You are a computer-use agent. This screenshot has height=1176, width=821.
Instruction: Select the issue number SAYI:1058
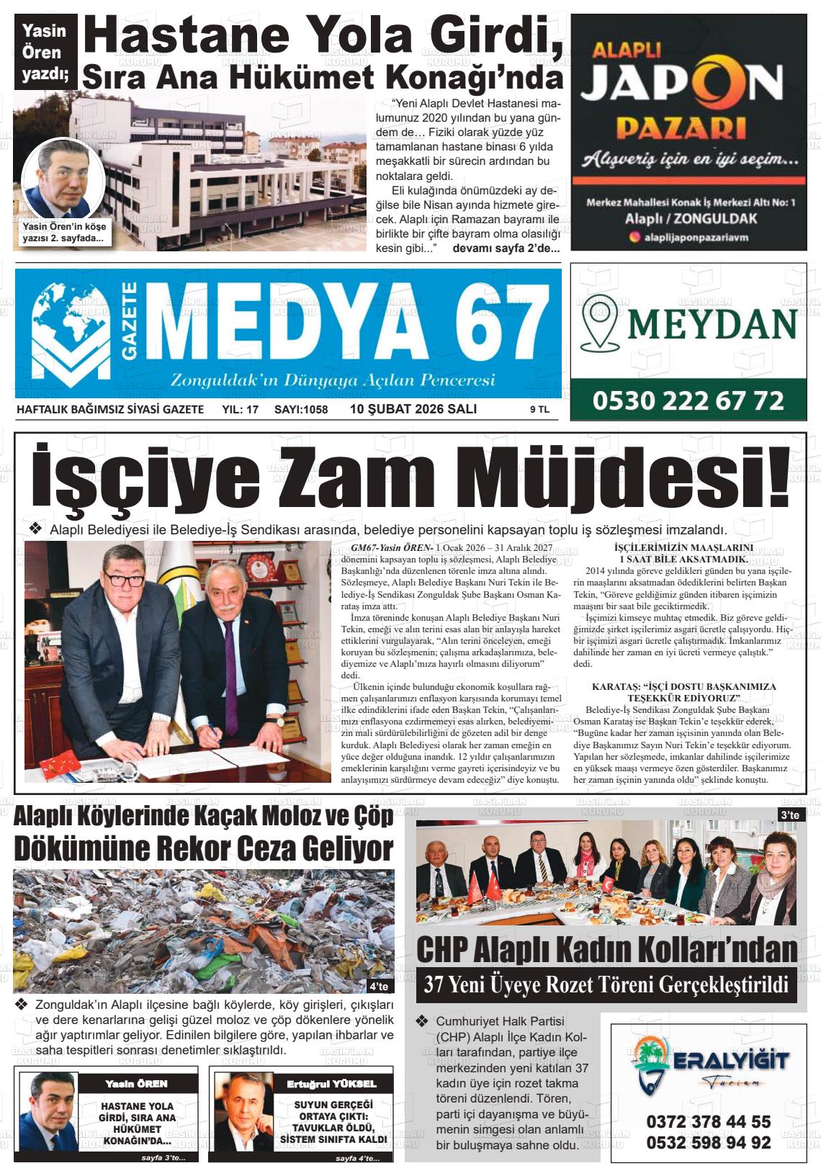tap(301, 410)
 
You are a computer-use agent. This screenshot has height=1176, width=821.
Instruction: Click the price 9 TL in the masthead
tap(539, 410)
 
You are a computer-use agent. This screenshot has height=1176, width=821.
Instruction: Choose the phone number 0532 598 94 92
tap(709, 1142)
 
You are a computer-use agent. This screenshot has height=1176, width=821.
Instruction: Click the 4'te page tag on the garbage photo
tap(379, 986)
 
